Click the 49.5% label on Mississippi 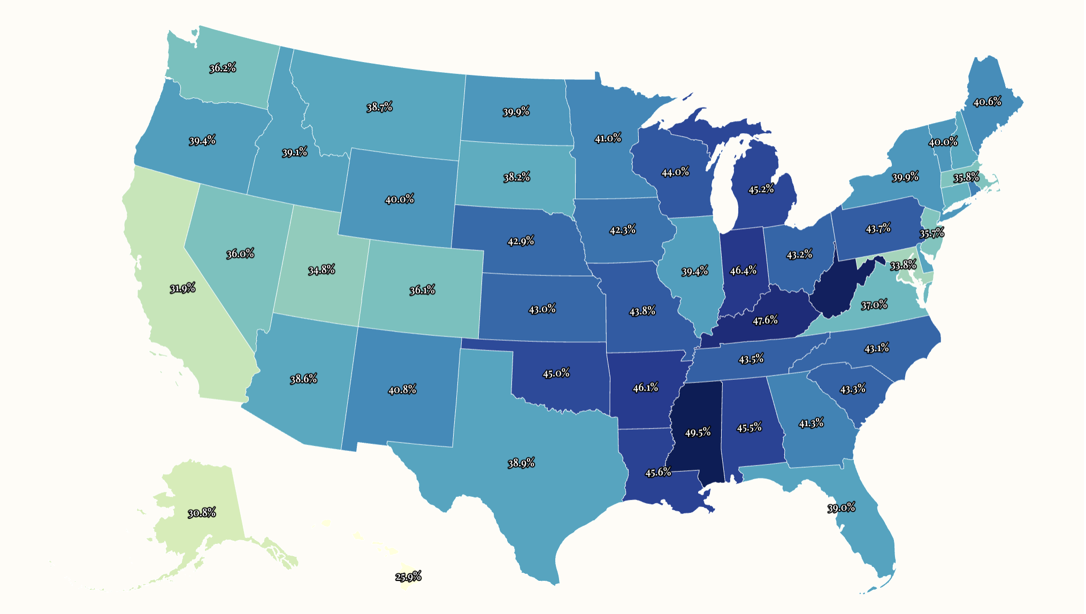[x=698, y=432]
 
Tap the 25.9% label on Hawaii [x=408, y=577]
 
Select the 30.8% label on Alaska [x=202, y=513]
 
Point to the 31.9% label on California [x=182, y=289]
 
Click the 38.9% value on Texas [x=521, y=463]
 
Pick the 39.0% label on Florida [x=841, y=508]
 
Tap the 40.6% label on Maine [x=987, y=102]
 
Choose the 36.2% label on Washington [x=223, y=68]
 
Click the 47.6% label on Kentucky [x=765, y=320]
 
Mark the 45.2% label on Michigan [x=761, y=189]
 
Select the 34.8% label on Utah [x=322, y=270]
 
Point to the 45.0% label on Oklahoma [x=556, y=373]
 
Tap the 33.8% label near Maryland [x=903, y=265]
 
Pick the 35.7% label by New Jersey [x=932, y=233]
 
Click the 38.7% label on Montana [x=379, y=107]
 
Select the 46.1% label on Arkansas [x=645, y=387]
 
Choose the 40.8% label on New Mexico [x=402, y=390]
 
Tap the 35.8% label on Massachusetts [x=966, y=178]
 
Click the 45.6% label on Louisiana [x=658, y=472]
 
